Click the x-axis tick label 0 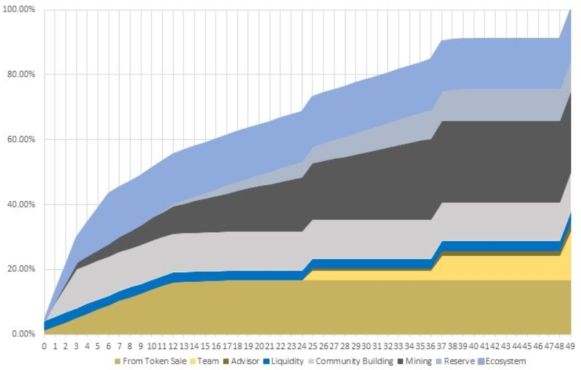(x=45, y=346)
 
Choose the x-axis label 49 (x=570, y=346)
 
